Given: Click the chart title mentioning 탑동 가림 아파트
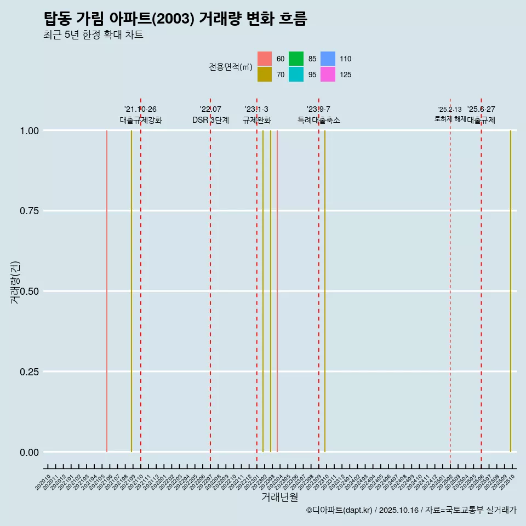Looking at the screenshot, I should click(x=175, y=19).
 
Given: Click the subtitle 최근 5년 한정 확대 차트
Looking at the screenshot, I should click(x=93, y=35).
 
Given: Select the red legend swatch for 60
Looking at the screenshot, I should click(x=265, y=59).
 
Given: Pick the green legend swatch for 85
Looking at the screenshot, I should click(x=296, y=59).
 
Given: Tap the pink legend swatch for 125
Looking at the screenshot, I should click(x=328, y=75).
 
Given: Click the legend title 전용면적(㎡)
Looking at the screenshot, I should click(x=230, y=67).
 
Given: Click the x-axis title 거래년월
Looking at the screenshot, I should click(x=279, y=498).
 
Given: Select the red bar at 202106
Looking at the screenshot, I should click(x=106, y=290).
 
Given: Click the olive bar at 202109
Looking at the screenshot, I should click(x=131, y=290).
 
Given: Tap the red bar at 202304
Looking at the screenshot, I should click(x=277, y=290).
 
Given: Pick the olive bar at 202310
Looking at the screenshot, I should click(x=325, y=290).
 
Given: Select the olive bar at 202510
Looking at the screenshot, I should click(x=511, y=290).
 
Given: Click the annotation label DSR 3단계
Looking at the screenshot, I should click(x=210, y=120).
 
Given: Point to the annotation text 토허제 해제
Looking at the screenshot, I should click(x=450, y=118).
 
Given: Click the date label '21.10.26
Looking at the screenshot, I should click(x=140, y=109).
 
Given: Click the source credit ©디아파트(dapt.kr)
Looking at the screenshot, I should click(x=339, y=510).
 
